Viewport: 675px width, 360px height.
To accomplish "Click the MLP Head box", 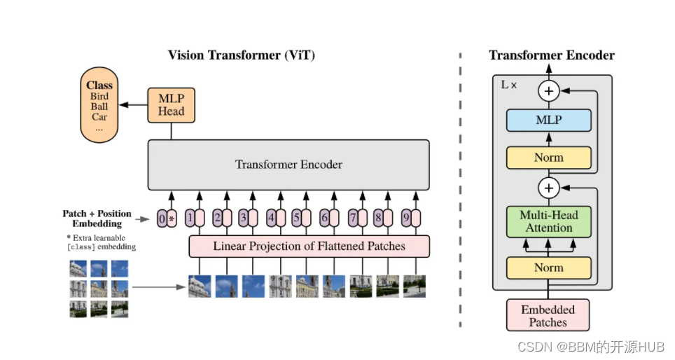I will point(170,104).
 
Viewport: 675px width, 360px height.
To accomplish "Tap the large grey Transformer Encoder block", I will point(288,165).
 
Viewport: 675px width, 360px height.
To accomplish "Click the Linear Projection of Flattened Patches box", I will point(309,246).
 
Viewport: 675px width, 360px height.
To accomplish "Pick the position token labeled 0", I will point(162,219).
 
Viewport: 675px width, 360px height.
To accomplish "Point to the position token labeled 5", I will point(296,218).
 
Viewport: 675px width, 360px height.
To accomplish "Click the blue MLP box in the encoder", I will point(548,120).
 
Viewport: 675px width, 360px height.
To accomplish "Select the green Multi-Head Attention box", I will point(548,221).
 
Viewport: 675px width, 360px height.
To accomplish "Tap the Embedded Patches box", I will point(548,315).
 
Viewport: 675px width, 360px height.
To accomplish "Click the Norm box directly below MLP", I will point(548,158).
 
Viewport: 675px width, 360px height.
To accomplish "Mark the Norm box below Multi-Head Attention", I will point(548,268).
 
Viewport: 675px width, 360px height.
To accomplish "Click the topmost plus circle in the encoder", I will point(548,90).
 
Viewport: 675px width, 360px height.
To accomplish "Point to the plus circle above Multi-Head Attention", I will point(548,188).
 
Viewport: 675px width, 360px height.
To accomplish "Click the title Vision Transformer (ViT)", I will point(242,55).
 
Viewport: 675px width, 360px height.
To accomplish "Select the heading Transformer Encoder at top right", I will point(551,55).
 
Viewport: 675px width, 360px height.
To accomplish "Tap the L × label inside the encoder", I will point(509,85).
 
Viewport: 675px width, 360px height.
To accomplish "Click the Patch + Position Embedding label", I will point(97,219).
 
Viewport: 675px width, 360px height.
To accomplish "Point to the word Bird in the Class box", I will point(99,97).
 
